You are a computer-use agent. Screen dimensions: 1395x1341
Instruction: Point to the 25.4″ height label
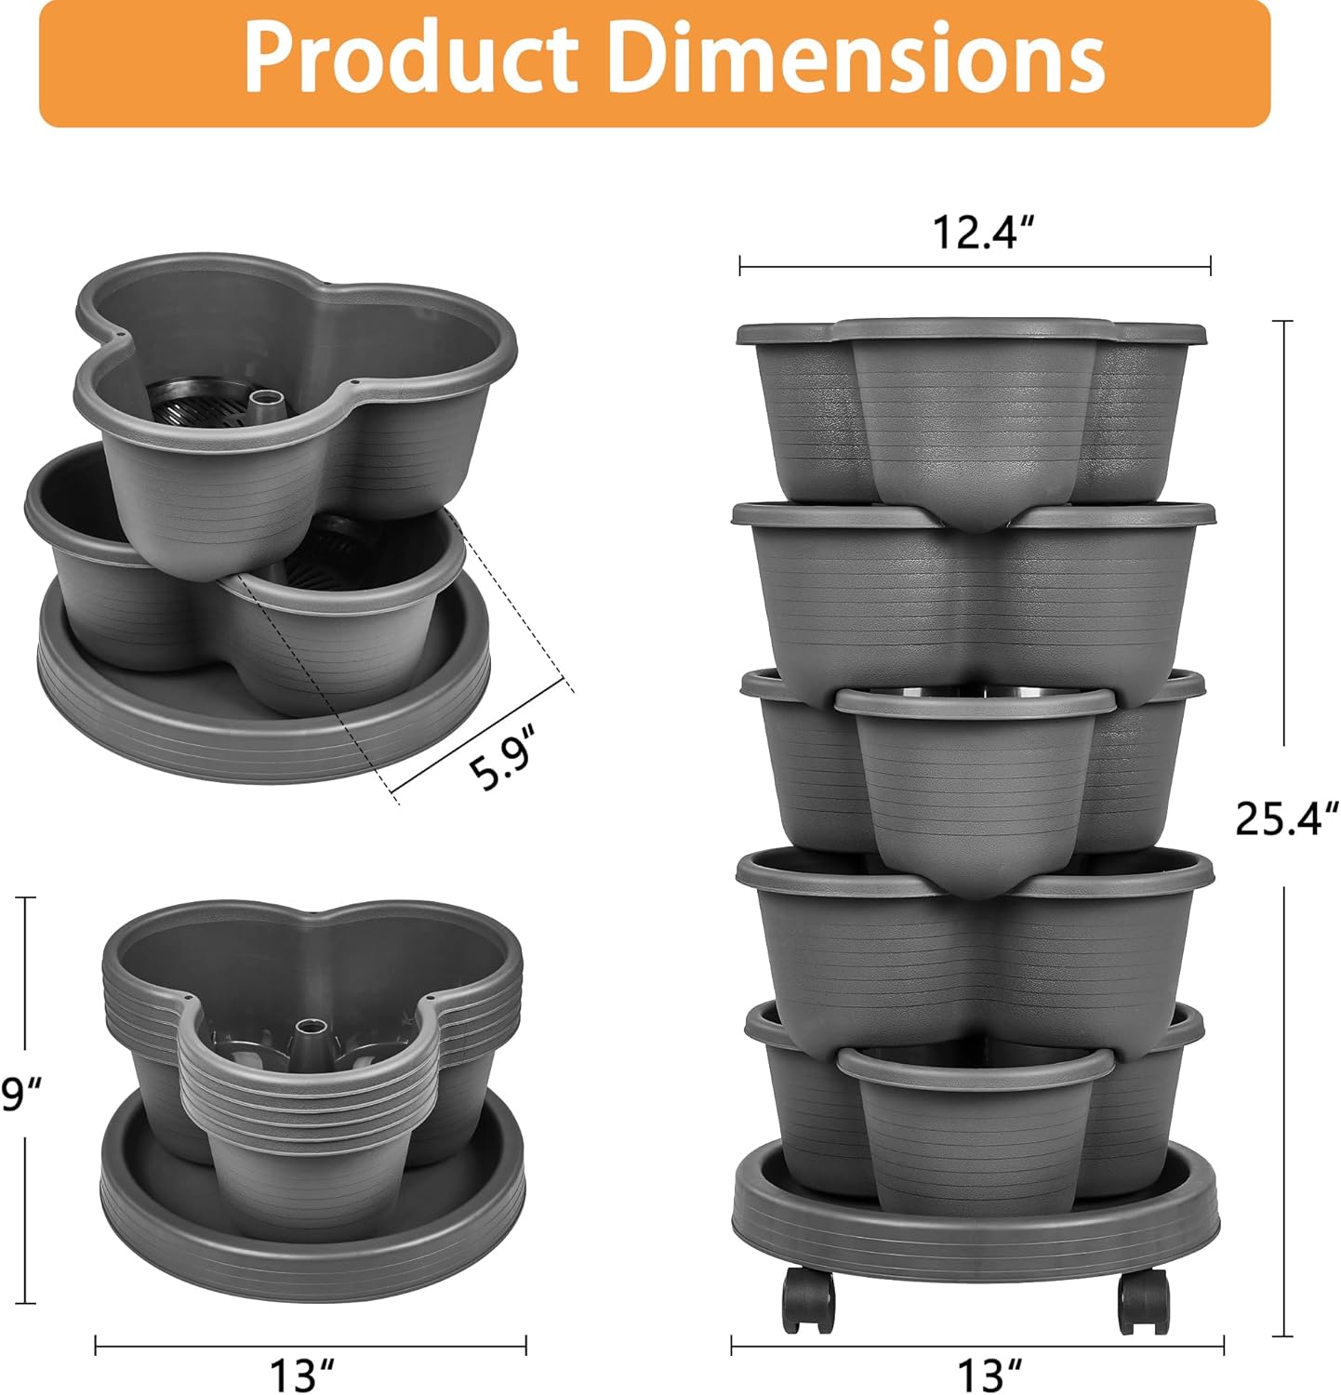click(1286, 817)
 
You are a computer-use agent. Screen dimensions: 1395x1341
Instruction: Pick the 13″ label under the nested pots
click(303, 1374)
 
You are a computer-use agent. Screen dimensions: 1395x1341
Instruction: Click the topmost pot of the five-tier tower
click(973, 409)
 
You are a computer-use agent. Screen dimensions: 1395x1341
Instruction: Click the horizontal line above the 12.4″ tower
click(975, 267)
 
